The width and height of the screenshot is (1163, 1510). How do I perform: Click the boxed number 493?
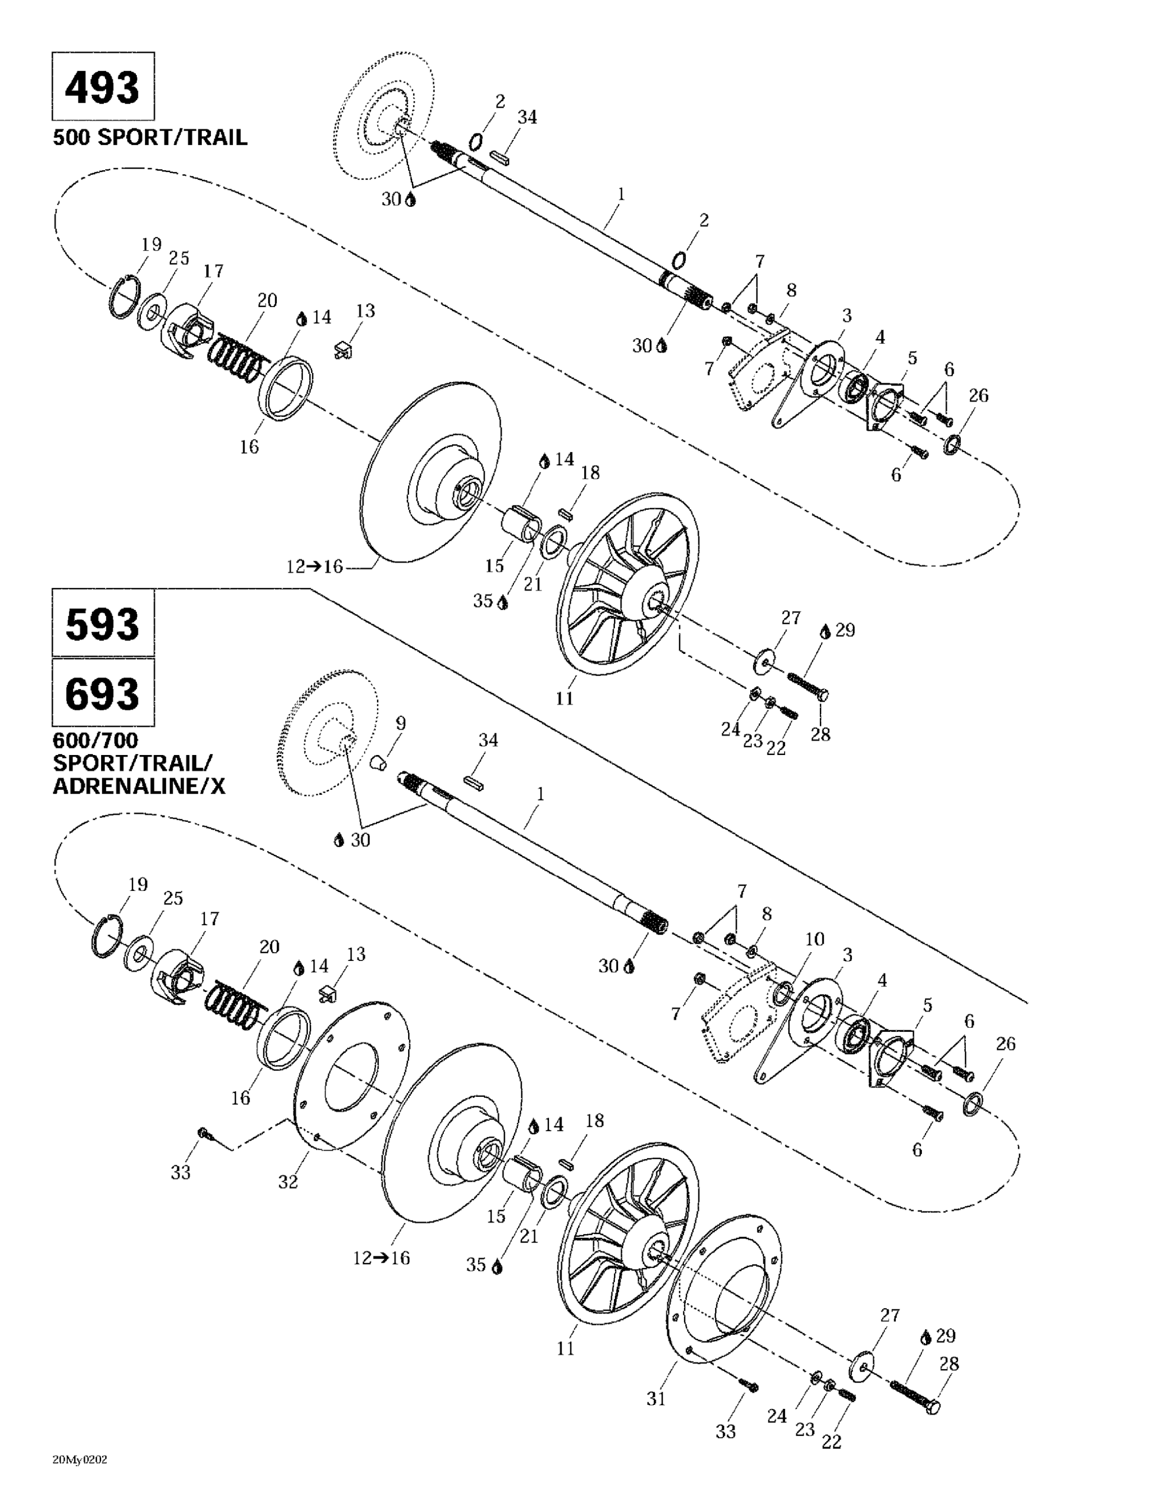point(102,87)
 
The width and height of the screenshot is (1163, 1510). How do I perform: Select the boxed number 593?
point(102,624)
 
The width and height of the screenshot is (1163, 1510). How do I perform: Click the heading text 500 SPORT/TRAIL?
point(150,137)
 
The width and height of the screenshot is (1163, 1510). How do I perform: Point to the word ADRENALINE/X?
point(139,787)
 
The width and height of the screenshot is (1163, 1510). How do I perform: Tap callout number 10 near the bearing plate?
point(815,939)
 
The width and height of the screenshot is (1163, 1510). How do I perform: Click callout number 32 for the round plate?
point(288,1182)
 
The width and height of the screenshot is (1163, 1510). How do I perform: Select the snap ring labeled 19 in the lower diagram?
point(107,937)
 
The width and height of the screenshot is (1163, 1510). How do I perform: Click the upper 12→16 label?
point(315,566)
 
